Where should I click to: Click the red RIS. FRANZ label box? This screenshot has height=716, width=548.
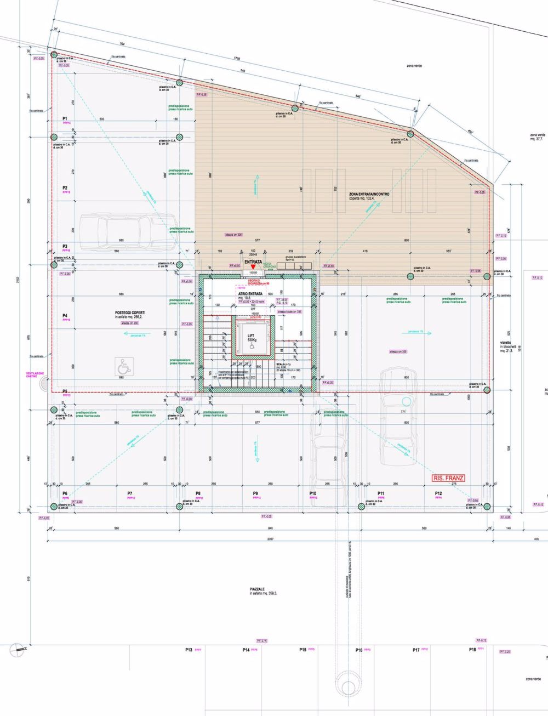(448, 478)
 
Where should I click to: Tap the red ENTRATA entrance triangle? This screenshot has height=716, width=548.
(253, 266)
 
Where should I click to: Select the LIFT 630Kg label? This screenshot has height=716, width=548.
(252, 337)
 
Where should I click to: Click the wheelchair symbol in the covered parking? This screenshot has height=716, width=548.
(124, 366)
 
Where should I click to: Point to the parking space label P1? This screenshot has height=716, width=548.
(65, 118)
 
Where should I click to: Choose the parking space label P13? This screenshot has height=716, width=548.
(189, 650)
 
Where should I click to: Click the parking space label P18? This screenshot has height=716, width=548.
(472, 650)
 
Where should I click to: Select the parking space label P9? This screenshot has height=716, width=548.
(255, 494)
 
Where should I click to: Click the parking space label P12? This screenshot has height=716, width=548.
(438, 494)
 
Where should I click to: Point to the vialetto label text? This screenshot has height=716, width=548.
(505, 342)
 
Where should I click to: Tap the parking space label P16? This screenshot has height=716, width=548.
(359, 650)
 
